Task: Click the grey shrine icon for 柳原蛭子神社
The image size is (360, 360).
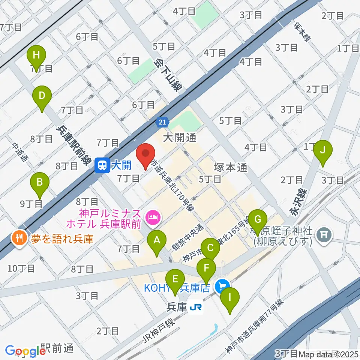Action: tap(323, 235)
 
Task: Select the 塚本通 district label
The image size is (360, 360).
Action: tap(230, 167)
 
